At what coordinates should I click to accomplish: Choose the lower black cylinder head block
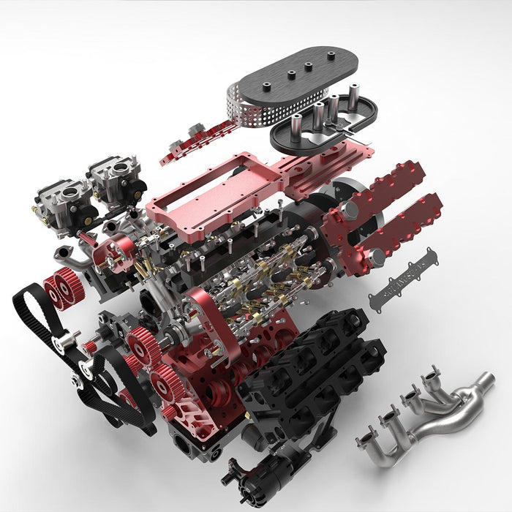[x=307, y=388]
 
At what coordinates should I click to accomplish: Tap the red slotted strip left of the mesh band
[x=197, y=139]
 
